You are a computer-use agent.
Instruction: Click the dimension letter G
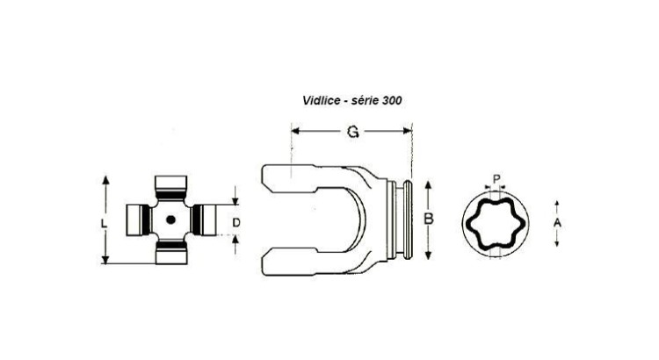[x=352, y=132]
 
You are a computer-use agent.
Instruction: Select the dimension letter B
[x=428, y=219]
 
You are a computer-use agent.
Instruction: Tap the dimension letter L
[x=104, y=224]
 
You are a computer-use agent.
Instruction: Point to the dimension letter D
[x=236, y=223]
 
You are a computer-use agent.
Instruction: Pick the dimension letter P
[x=496, y=179]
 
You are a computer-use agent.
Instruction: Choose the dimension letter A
[x=557, y=223]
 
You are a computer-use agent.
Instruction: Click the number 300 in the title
[x=392, y=100]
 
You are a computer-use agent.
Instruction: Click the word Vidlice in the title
[x=320, y=100]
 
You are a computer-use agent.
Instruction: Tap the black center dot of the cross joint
[x=170, y=220]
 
